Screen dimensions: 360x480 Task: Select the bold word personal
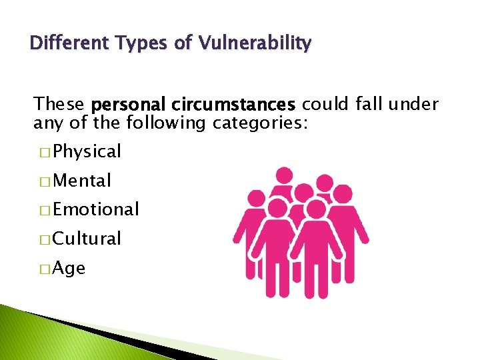pyautogui.click(x=127, y=105)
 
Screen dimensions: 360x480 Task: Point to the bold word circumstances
pyautogui.click(x=233, y=105)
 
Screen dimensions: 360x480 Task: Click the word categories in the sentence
pyautogui.click(x=259, y=123)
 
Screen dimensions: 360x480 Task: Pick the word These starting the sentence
pyautogui.click(x=59, y=105)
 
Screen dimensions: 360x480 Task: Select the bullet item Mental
pyautogui.click(x=82, y=181)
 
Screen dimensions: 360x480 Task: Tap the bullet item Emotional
pyautogui.click(x=96, y=210)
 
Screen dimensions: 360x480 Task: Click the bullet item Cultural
pyautogui.click(x=87, y=239)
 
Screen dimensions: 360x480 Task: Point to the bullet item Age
pyautogui.click(x=69, y=269)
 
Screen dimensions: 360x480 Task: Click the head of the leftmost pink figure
pyautogui.click(x=257, y=199)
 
